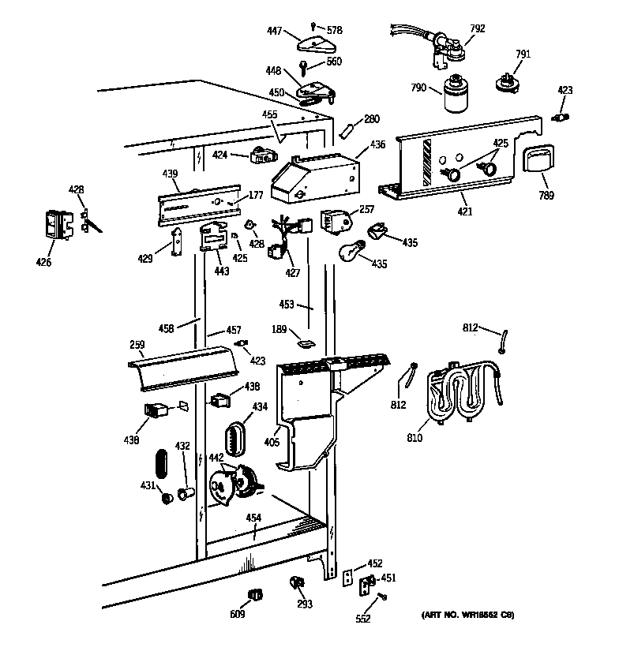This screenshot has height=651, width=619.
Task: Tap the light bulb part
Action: coord(350,253)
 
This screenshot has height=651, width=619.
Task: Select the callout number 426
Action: coord(43,262)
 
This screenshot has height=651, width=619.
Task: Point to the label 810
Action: coord(415,438)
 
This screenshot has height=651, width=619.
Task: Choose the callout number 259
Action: coord(137,345)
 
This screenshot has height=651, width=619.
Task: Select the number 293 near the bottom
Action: coord(304,604)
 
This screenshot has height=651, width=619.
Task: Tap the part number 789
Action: coord(546,196)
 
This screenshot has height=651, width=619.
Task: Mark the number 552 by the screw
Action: coord(362,619)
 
